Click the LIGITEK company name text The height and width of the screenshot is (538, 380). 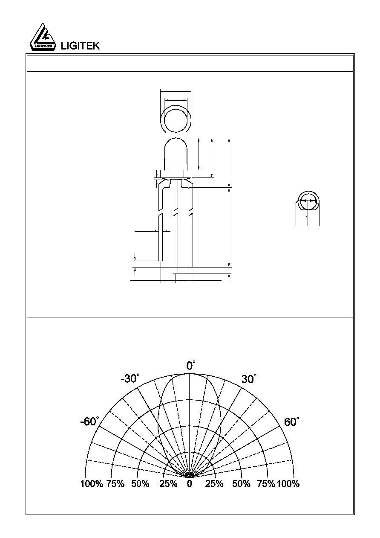[81, 46]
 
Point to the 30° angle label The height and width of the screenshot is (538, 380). [249, 379]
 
